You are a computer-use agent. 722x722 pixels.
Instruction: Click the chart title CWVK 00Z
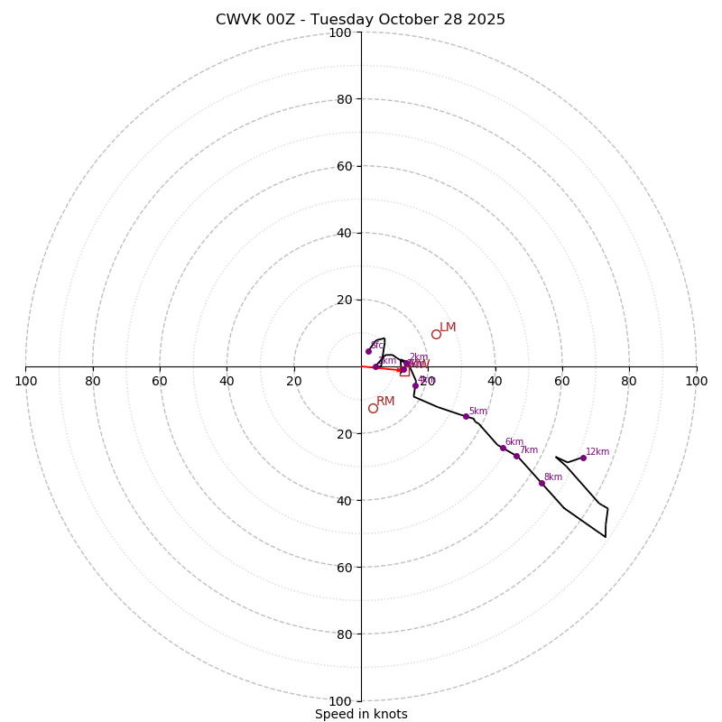[x=360, y=20]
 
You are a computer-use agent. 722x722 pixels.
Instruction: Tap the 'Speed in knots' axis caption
[x=361, y=714]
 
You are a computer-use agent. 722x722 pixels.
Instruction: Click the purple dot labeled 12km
[x=583, y=458]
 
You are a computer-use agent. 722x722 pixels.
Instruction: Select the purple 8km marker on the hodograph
[x=541, y=483]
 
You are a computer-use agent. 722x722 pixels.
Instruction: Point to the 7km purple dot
[x=516, y=456]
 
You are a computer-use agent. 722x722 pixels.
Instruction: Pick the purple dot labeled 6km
[x=503, y=448]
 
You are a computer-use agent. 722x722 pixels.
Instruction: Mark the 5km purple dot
[x=466, y=416]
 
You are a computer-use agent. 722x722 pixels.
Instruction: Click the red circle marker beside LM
[x=436, y=334]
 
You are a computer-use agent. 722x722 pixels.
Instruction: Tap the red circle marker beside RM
[x=373, y=408]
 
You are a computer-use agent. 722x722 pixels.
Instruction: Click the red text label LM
[x=448, y=328]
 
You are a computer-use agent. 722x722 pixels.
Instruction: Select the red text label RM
[x=385, y=402]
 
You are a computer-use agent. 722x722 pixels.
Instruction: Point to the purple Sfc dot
[x=368, y=351]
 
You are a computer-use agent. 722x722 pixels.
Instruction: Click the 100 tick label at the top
[x=339, y=32]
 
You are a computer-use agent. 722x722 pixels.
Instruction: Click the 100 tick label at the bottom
[x=339, y=700]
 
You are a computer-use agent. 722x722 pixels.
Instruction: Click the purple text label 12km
[x=597, y=452]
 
